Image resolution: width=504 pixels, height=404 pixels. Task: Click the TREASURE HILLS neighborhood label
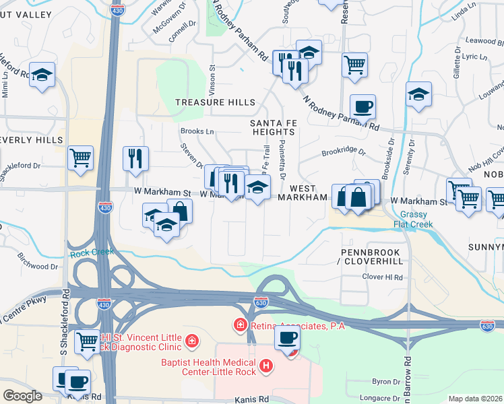[x=216, y=102]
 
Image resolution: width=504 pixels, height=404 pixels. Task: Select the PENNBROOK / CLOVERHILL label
[x=371, y=257]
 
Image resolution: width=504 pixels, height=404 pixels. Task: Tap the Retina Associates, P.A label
[x=297, y=326]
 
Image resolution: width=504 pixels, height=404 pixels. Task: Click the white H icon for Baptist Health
[x=267, y=366]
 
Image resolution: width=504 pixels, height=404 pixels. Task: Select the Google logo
[x=22, y=396]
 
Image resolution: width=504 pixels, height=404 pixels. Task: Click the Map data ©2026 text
[x=476, y=399]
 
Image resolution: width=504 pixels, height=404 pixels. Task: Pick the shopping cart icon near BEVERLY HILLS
[x=81, y=158]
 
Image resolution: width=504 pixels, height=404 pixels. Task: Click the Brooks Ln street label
[x=197, y=131]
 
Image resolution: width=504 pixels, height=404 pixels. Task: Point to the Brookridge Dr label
[x=343, y=153]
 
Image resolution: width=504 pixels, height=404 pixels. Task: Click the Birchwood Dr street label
[x=38, y=266]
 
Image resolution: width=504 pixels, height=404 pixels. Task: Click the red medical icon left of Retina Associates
[x=240, y=326]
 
